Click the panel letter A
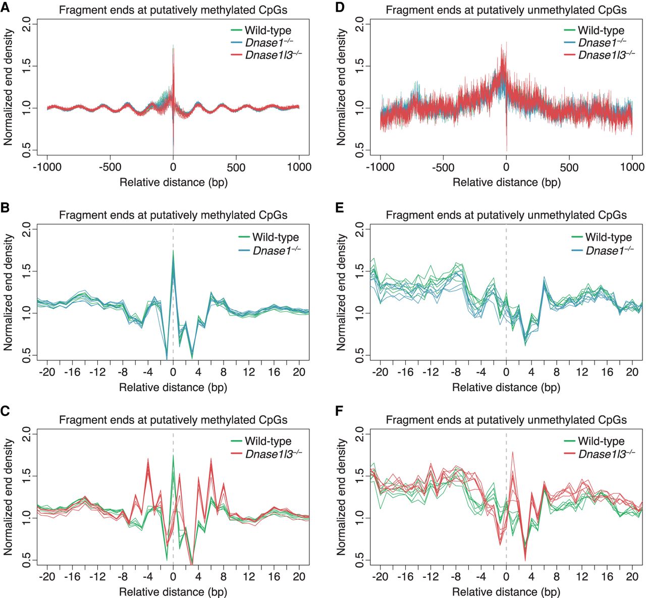click(x=5, y=7)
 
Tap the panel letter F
click(x=339, y=411)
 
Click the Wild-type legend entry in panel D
click(x=594, y=30)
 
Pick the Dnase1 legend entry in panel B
click(x=270, y=250)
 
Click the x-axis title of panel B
click(x=173, y=388)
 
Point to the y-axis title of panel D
click(x=341, y=87)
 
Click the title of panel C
click(x=173, y=420)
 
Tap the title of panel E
click(x=506, y=215)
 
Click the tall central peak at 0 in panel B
click(x=173, y=251)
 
